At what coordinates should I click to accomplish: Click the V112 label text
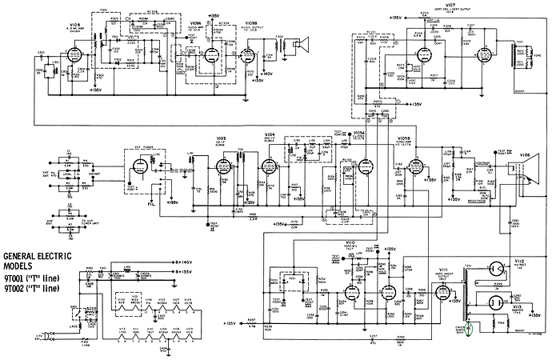pyautogui.click(x=520, y=261)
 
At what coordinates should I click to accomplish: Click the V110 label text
pyautogui.click(x=349, y=241)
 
